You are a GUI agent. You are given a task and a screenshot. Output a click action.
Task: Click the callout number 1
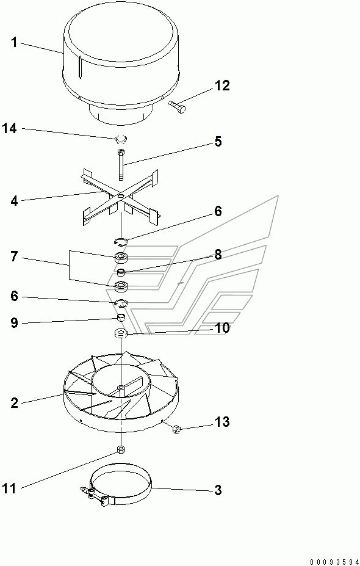point(13,43)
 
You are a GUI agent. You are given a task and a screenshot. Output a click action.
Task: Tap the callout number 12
point(222,86)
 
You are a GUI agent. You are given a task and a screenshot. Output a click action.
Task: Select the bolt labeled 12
point(177,106)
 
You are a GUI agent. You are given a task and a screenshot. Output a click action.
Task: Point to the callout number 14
point(10,128)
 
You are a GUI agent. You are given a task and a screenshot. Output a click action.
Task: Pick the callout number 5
point(218,142)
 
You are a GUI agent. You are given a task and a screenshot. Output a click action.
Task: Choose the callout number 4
point(14,201)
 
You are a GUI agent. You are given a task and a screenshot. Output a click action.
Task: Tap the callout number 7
point(14,258)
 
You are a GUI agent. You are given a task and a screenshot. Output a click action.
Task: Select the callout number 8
point(218,255)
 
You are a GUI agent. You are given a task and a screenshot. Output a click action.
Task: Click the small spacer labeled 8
point(122,272)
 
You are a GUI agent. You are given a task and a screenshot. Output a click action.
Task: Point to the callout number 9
point(14,323)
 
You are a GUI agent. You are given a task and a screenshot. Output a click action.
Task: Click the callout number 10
point(222,328)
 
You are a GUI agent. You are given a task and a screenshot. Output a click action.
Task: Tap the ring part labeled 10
point(121,333)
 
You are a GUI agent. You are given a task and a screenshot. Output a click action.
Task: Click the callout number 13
point(222,422)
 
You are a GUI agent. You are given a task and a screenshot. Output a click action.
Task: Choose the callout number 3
point(218,490)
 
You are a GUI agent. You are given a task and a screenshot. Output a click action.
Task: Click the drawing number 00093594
point(334,562)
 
